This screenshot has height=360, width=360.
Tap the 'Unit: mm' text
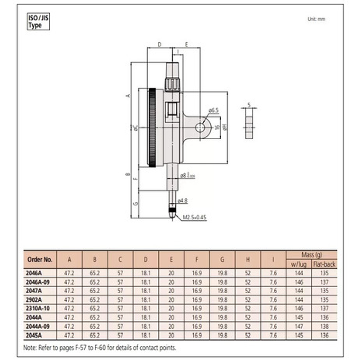coord(316,19)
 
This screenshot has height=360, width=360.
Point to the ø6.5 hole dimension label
coord(213,110)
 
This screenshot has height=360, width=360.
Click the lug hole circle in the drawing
coord(202,127)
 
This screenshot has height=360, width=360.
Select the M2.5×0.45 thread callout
coord(195,218)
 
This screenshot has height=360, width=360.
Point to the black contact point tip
coord(173,211)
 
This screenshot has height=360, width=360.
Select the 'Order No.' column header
coord(40,259)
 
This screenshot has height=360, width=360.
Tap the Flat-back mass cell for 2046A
coord(324,273)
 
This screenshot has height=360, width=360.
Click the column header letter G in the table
coord(222,259)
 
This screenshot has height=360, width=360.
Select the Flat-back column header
coord(324,264)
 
